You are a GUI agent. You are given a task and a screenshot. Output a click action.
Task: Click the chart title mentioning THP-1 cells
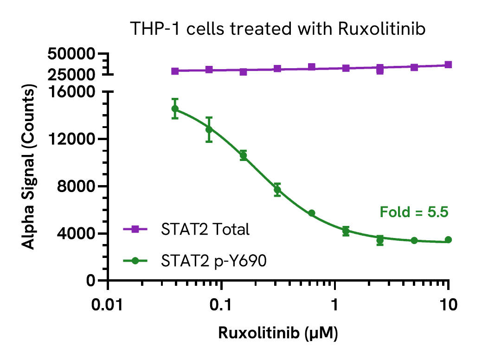click(277, 29)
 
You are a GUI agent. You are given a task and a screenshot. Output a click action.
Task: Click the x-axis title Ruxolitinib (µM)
click(277, 334)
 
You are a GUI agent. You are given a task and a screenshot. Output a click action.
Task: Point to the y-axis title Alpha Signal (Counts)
click(29, 167)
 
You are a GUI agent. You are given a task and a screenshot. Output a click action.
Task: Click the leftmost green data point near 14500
click(175, 109)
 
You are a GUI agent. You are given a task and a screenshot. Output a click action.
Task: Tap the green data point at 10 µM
click(448, 240)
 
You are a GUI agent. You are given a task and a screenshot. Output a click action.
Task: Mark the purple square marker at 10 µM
click(448, 65)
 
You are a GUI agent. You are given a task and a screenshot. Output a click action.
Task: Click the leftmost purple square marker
click(175, 71)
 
